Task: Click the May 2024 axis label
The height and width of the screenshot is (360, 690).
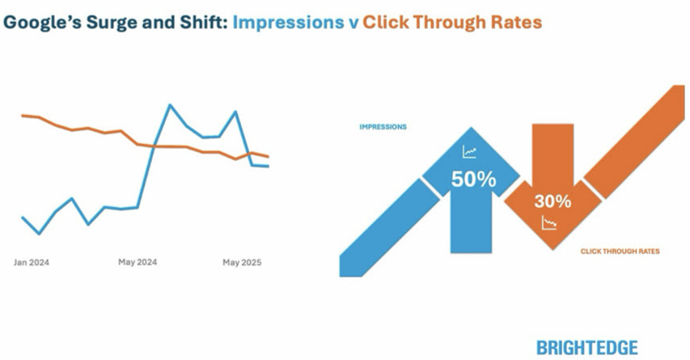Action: (138, 262)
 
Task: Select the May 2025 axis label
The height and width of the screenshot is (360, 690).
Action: (243, 262)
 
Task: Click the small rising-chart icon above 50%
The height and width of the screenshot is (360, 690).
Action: (469, 152)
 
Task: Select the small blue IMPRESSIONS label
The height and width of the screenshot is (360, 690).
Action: (383, 127)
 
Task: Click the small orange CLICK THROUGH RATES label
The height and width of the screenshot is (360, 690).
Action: (620, 252)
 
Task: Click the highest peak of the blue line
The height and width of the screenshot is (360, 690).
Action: (170, 104)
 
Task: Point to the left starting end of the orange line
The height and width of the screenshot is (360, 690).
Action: (22, 115)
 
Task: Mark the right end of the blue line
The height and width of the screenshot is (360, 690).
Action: (268, 166)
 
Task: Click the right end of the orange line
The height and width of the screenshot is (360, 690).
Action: (268, 157)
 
